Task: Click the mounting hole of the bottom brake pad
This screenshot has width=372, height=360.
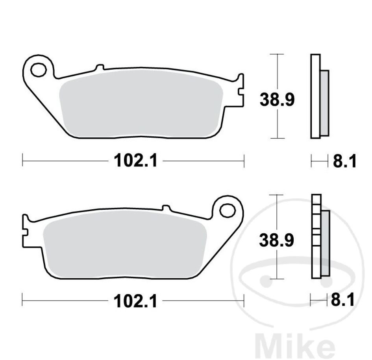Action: [x=227, y=210]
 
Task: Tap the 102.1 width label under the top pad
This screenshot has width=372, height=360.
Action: [x=135, y=161]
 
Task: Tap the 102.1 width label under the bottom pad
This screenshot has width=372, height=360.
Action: [x=135, y=301]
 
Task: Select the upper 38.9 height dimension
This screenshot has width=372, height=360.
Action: [x=277, y=100]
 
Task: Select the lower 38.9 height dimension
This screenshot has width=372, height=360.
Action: [x=277, y=240]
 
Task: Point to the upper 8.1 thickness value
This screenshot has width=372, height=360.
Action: [x=344, y=161]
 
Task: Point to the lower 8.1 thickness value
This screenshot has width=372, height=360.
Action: [x=342, y=301]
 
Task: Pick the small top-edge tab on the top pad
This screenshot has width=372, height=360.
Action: [x=99, y=67]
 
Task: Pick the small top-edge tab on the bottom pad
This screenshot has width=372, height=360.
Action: [x=166, y=207]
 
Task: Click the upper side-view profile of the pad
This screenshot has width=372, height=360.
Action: [x=316, y=96]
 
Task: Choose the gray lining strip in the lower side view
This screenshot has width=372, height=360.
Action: [x=325, y=243]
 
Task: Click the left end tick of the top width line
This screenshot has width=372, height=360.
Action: [x=23, y=161]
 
